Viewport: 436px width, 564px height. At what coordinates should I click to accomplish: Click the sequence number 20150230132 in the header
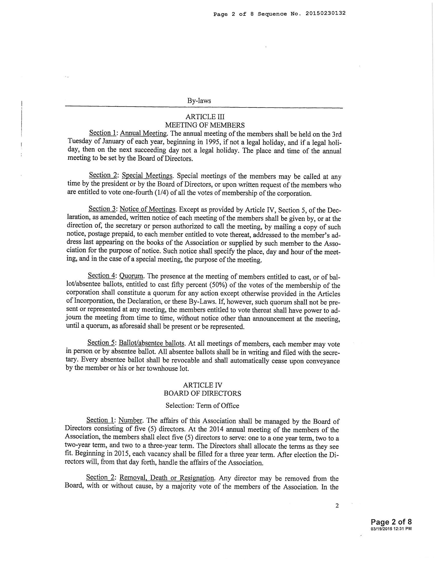tap(325, 14)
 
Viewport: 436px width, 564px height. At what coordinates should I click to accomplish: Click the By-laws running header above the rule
tap(199, 101)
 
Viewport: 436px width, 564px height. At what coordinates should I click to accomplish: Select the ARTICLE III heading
tap(205, 117)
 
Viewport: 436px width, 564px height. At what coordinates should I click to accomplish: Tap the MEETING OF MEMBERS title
tap(205, 125)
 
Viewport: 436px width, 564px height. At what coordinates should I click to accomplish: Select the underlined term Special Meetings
tap(147, 176)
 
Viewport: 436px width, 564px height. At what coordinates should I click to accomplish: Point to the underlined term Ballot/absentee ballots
tap(152, 343)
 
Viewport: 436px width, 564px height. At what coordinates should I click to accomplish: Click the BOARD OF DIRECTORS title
tap(203, 394)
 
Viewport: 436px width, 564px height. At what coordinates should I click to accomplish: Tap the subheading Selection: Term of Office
tap(202, 406)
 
